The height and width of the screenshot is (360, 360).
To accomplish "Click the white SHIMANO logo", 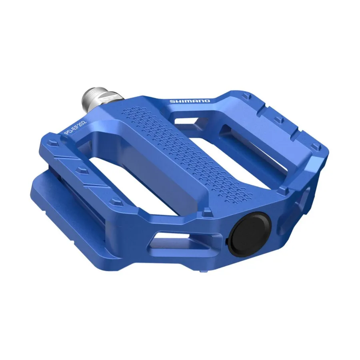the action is pos(190,101).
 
